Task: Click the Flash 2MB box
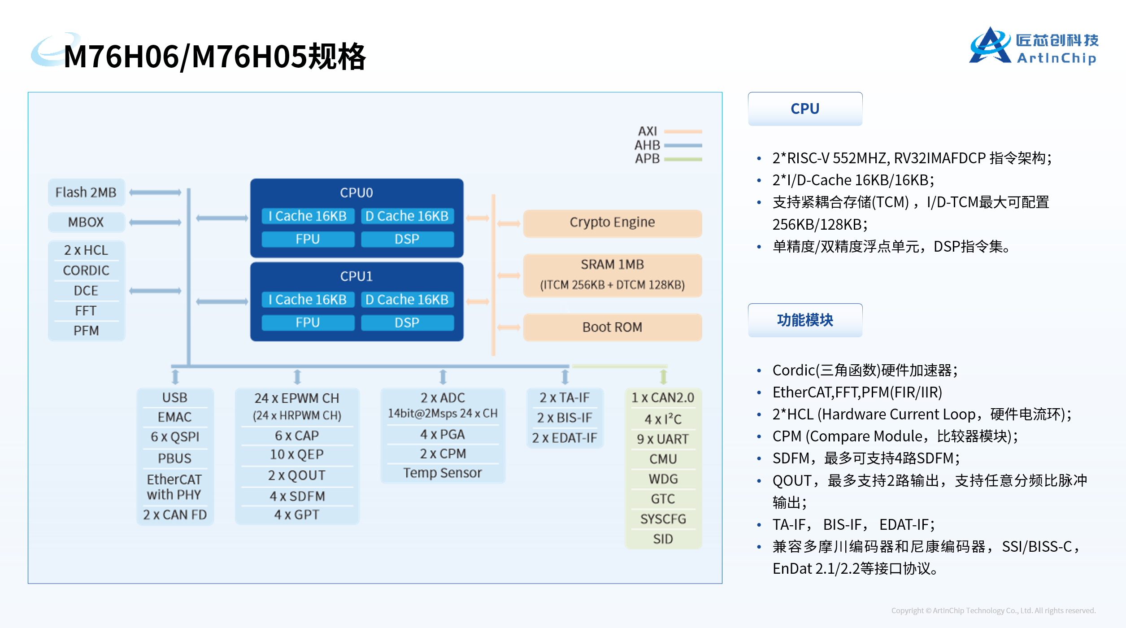click(x=86, y=192)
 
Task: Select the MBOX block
click(x=86, y=222)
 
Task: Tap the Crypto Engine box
click(x=612, y=222)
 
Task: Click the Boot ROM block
click(x=612, y=327)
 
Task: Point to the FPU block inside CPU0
click(x=308, y=239)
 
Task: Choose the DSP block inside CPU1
click(x=407, y=323)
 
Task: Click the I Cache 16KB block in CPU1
click(x=308, y=300)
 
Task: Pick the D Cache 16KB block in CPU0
click(x=407, y=216)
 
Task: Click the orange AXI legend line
click(x=683, y=131)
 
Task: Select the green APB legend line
click(x=683, y=159)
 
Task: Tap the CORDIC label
click(x=86, y=270)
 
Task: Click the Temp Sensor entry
click(x=442, y=473)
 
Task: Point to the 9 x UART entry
click(x=663, y=439)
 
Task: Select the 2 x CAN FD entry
click(x=175, y=515)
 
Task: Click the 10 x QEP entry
click(x=296, y=454)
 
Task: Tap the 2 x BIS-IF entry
click(x=565, y=418)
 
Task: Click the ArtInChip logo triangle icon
click(x=990, y=46)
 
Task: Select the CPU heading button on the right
click(x=805, y=109)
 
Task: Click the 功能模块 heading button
click(x=805, y=320)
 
